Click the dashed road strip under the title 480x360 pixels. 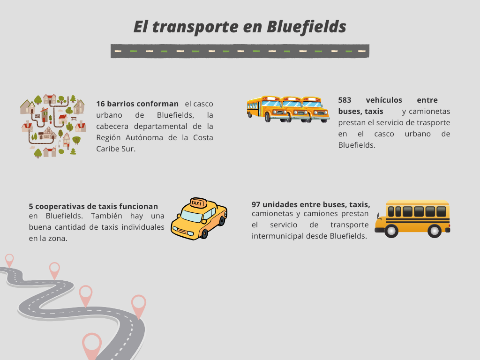tap(240, 51)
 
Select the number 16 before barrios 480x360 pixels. tap(100, 104)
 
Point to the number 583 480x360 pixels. tap(345, 100)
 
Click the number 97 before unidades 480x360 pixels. tap(256, 204)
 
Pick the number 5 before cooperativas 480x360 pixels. tap(31, 206)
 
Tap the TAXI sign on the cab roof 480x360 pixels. tap(198, 203)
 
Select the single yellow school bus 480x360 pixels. tap(412, 218)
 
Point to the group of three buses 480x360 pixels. tap(288, 109)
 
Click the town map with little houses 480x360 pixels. tap(53, 126)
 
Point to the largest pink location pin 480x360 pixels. tap(92, 346)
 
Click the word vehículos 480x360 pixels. tap(384, 100)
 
